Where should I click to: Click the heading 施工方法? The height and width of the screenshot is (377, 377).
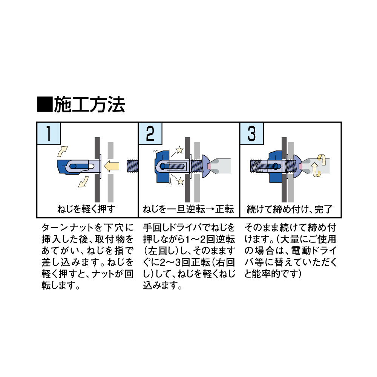tap(89, 104)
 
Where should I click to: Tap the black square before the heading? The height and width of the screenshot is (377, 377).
tap(45, 104)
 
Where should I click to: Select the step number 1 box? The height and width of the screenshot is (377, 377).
tap(49, 133)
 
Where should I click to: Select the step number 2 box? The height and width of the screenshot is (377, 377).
tap(150, 133)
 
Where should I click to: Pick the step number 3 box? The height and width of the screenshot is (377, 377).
tap(252, 133)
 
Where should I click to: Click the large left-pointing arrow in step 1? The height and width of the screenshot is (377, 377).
tap(111, 166)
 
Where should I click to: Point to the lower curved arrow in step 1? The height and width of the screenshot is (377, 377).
tap(83, 182)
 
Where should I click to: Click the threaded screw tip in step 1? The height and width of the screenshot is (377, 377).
tap(132, 166)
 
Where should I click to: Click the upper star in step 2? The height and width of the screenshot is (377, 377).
tap(179, 150)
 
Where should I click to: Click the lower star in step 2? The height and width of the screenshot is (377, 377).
tap(180, 181)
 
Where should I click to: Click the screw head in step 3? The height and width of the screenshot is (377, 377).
tap(297, 166)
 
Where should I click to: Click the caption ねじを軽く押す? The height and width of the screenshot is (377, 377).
tap(86, 209)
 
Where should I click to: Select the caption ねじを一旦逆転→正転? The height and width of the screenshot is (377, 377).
tap(188, 209)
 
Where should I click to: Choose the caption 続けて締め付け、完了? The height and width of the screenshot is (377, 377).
tap(290, 209)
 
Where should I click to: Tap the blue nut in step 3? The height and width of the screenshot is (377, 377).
tap(276, 166)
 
